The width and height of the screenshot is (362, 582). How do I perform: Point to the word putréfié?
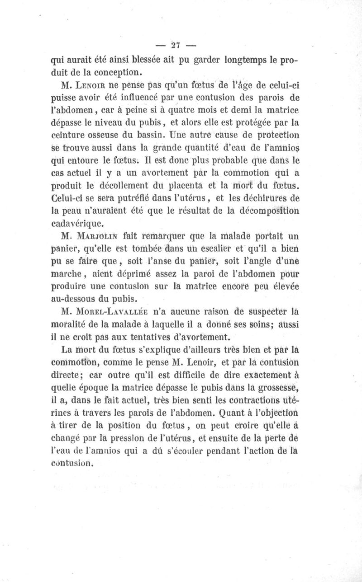pos(138,197)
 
